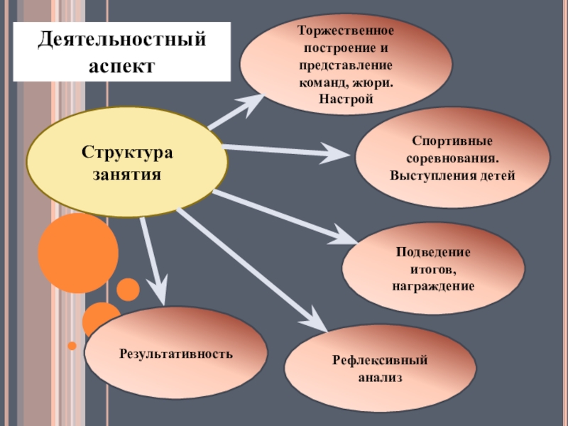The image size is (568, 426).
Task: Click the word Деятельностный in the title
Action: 122,40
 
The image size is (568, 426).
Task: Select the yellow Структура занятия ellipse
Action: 127,162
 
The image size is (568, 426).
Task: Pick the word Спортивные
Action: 452,141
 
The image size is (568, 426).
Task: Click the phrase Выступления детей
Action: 452,174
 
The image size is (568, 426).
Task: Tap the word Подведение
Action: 433,253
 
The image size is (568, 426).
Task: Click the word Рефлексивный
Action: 380,362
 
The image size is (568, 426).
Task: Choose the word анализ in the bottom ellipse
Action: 380,378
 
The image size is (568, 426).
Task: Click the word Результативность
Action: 176,352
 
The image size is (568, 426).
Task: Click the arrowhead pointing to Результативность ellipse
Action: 160,291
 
